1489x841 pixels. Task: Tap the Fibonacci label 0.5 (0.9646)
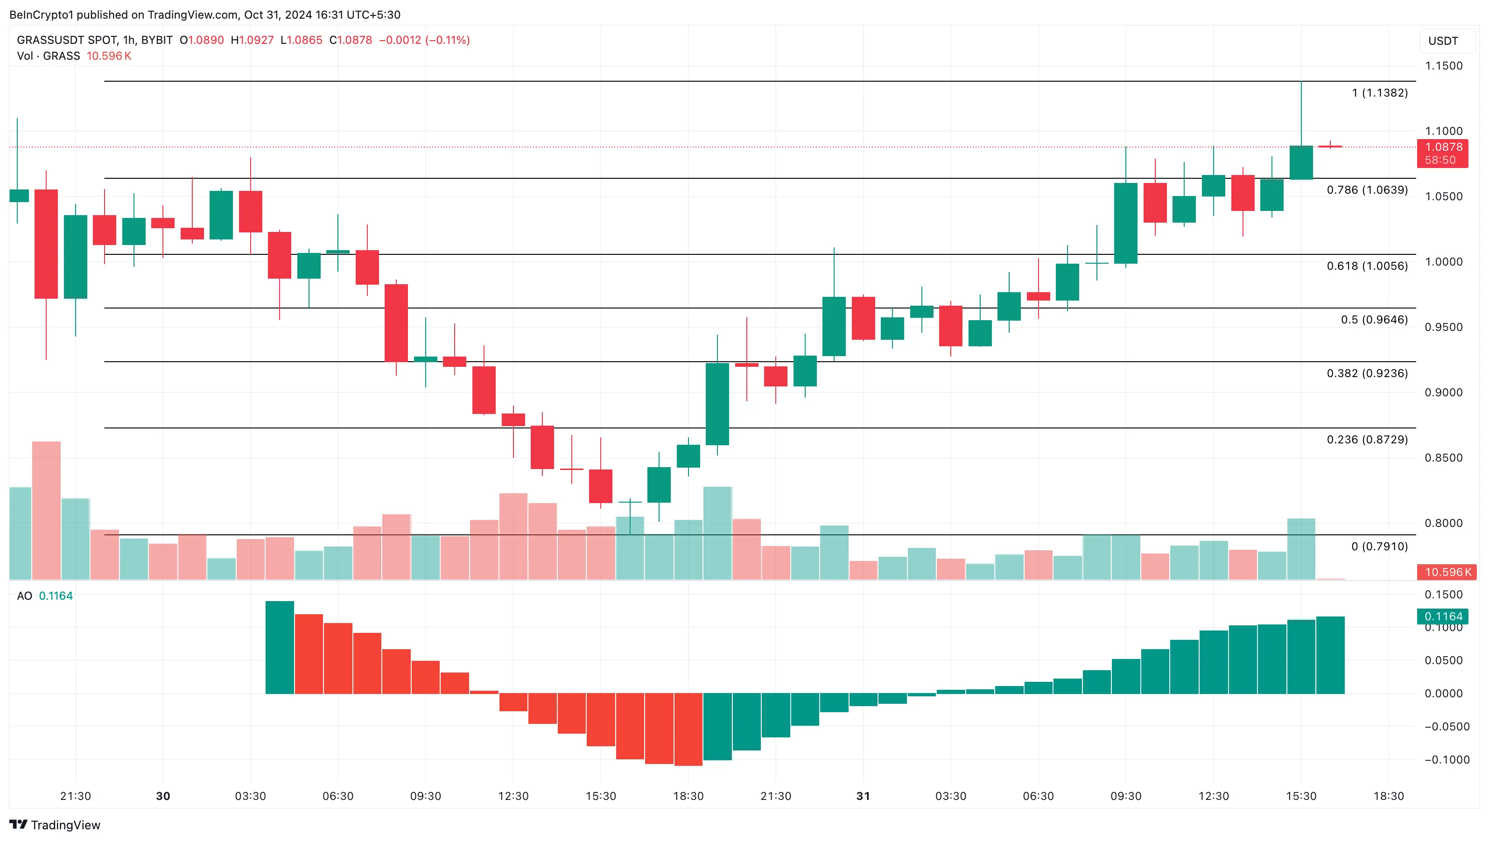(1374, 320)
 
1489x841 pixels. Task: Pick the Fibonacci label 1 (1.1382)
(1379, 93)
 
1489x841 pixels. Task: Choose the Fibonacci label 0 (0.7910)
(1379, 547)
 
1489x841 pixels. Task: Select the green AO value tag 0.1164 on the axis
(1443, 617)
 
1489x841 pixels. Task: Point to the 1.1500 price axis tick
(1443, 66)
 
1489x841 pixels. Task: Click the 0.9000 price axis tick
(1443, 392)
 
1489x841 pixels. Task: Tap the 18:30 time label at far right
(1389, 797)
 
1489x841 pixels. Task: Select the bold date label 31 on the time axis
(863, 797)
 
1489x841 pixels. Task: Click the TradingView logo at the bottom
(55, 825)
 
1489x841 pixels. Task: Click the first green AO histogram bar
(280, 647)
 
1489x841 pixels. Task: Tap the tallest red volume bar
(46, 511)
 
